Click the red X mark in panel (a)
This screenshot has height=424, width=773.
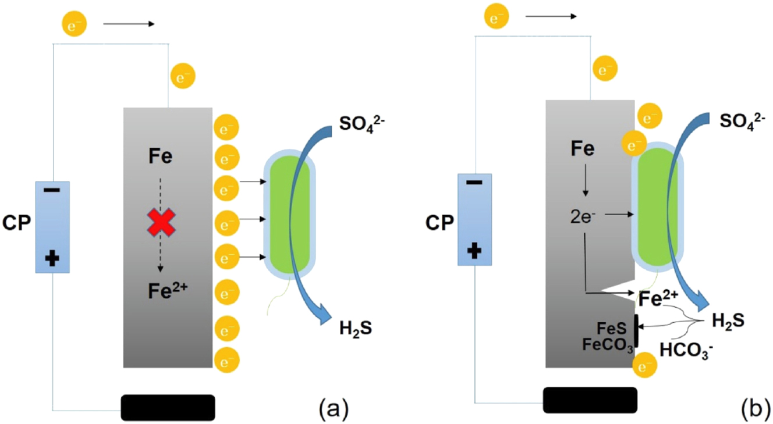pos(161,222)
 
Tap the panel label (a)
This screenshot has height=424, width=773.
pos(334,408)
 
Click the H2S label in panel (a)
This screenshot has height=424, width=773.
pos(356,330)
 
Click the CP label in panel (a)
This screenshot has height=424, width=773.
pos(16,223)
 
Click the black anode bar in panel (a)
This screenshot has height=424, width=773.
pos(168,407)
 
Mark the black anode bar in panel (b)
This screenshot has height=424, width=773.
pos(590,400)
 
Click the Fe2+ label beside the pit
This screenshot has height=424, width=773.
pos(658,299)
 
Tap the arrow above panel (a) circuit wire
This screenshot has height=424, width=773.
pos(129,24)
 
